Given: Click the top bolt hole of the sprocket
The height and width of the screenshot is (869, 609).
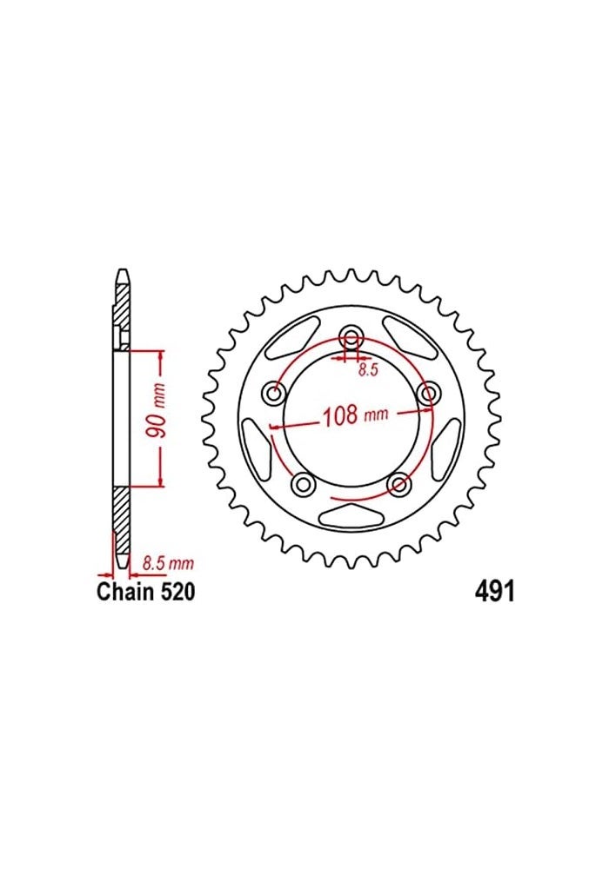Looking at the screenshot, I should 351,338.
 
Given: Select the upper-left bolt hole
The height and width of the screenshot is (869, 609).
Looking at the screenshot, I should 276,394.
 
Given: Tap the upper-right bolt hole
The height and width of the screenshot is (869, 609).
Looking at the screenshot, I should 427,394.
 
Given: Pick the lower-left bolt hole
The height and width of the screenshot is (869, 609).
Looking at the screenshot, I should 304,483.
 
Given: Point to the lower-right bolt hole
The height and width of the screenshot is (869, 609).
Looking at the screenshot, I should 398,483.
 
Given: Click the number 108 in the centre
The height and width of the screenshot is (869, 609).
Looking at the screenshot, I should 341,415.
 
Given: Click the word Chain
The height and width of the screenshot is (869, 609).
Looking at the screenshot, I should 125,593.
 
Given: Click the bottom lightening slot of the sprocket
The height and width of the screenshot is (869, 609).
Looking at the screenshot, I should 351,514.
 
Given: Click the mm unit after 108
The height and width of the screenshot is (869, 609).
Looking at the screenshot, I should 375,416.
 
